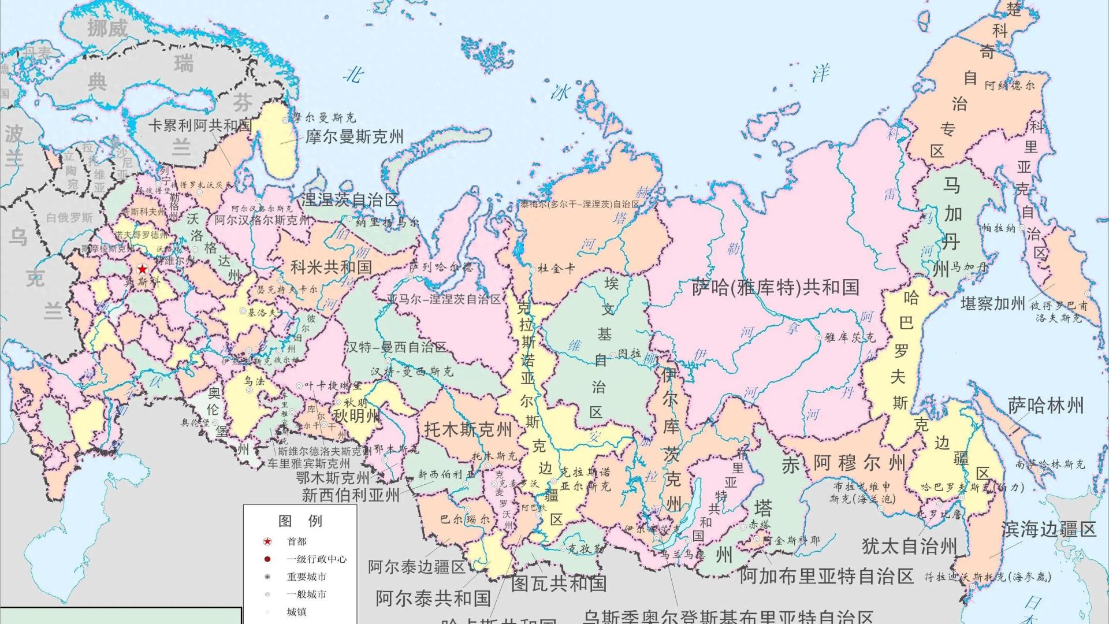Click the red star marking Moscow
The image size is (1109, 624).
point(142,269)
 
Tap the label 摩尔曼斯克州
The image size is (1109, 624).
point(354,137)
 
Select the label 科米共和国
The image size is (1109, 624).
point(330,267)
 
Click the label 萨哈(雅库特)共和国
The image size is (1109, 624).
point(775,287)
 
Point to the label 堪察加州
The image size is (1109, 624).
point(992,303)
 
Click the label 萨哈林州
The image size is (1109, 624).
point(1045,406)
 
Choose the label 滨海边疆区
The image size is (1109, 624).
point(1048,529)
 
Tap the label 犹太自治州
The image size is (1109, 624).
point(909,546)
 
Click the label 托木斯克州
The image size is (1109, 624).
point(468,429)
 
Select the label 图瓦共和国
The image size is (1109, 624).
point(559,583)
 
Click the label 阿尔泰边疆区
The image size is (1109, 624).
point(416,567)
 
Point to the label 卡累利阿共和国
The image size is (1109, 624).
point(200,125)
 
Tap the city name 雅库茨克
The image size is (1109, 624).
point(850,337)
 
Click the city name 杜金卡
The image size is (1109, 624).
point(556,269)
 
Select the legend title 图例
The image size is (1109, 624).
point(300,521)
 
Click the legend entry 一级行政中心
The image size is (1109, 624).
point(317,559)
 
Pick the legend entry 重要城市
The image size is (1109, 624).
point(306,577)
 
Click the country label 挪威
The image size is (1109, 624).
point(107,28)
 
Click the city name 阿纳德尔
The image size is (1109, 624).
point(1009,86)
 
